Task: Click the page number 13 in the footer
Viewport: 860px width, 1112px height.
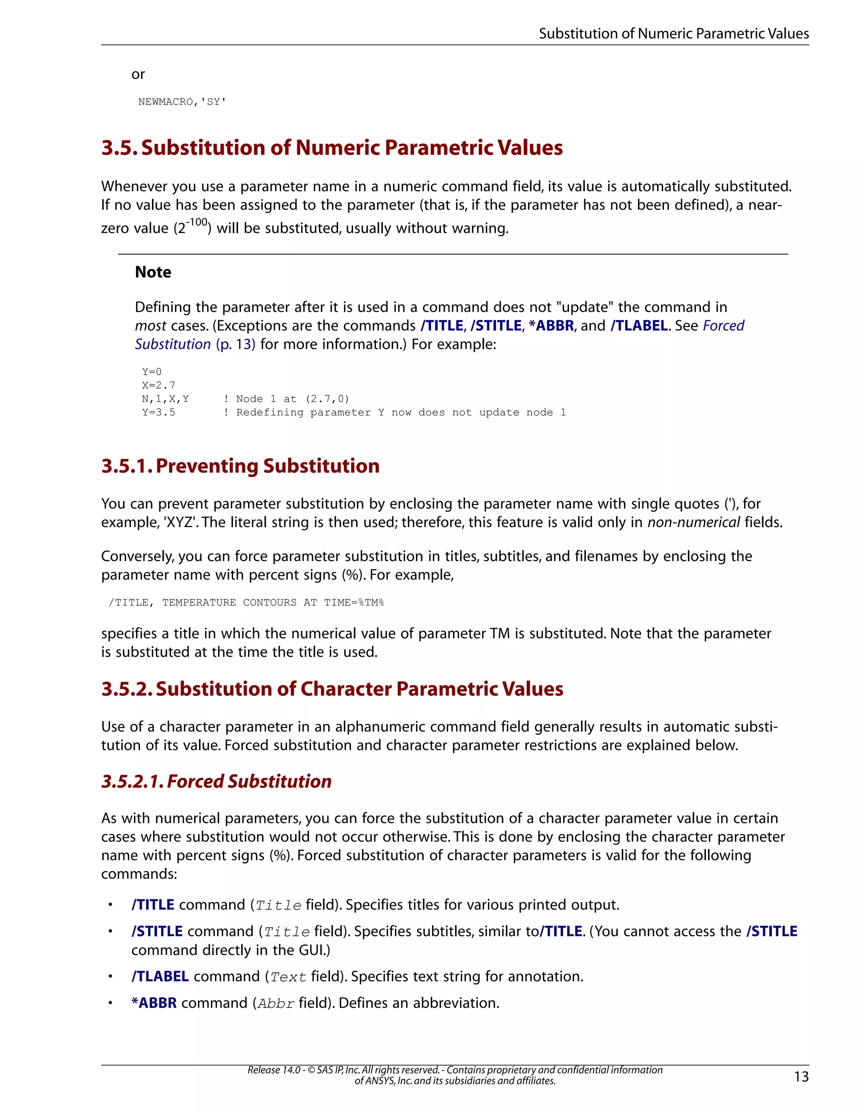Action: click(x=801, y=1076)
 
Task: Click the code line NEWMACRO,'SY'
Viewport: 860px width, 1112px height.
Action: click(x=182, y=102)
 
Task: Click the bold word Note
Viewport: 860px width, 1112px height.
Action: click(x=153, y=272)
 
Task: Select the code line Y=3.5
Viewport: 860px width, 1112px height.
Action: click(x=158, y=412)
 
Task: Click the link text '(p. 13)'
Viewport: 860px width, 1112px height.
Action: click(x=236, y=344)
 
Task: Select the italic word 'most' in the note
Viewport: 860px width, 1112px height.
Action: click(x=150, y=326)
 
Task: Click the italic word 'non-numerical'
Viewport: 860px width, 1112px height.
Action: click(x=693, y=522)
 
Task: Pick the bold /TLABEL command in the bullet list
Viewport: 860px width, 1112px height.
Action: click(x=160, y=976)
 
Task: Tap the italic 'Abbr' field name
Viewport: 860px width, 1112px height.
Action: click(x=275, y=1004)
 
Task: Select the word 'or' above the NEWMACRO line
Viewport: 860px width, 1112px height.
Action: click(x=138, y=74)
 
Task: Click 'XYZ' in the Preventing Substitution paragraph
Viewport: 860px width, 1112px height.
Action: click(x=179, y=522)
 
